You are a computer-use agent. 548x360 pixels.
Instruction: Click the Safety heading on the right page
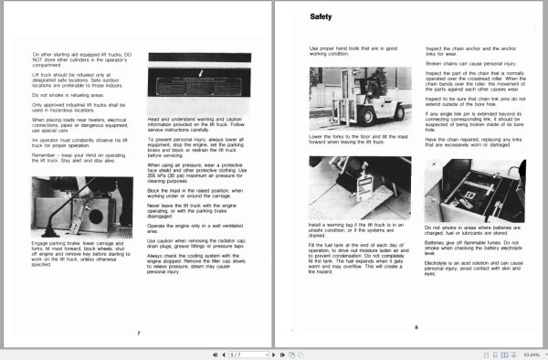[x=321, y=17]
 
